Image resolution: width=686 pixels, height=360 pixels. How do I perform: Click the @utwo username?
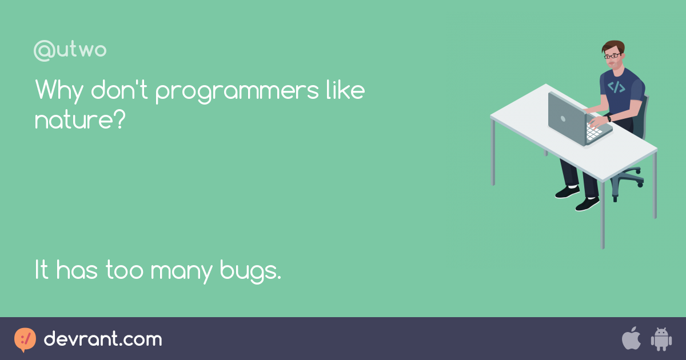pos(70,50)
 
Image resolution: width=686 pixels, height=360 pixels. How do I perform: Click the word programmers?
pos(237,91)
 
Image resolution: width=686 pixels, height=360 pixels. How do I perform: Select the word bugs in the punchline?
pos(250,271)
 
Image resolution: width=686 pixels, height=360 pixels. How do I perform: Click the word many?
pos(181,272)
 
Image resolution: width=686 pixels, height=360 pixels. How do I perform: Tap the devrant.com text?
pos(103,339)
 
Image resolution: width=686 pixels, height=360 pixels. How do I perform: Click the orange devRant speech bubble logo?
pos(25,339)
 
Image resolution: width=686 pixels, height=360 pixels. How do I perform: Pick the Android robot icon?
pos(661,339)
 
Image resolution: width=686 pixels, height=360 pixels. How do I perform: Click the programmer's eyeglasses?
pos(612,56)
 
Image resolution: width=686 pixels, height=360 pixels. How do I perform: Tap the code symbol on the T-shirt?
pos(616,87)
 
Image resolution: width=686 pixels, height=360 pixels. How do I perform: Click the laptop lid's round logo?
pos(563,119)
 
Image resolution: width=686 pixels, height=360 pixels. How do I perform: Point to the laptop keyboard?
pos(593,131)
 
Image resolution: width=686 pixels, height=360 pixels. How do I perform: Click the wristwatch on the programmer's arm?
pos(609,118)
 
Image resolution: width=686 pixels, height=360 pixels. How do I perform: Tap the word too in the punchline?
pos(125,271)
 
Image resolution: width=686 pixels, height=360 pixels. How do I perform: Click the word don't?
pos(119,89)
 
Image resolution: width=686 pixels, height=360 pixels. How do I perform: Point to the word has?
pos(77,270)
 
